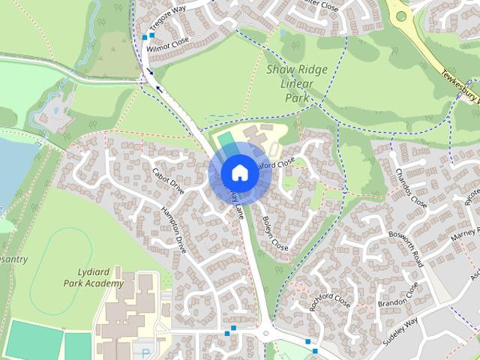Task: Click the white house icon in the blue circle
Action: [239, 173]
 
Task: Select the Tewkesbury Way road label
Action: [458, 85]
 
